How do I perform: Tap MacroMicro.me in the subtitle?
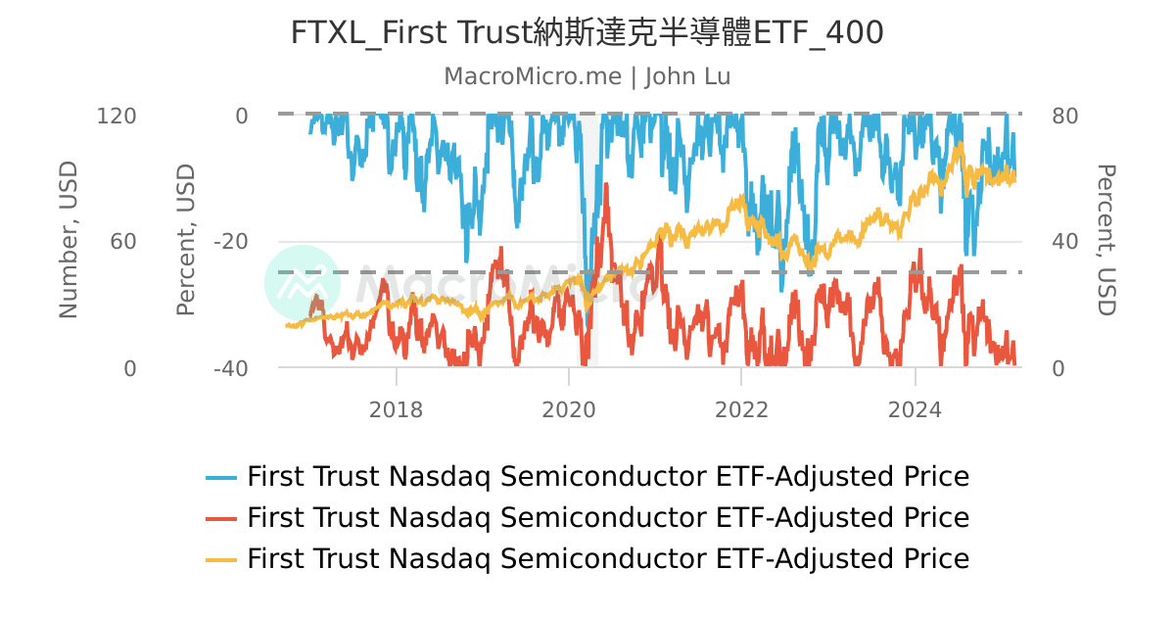coord(533,76)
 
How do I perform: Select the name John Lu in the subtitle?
coord(687,76)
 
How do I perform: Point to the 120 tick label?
coord(117,116)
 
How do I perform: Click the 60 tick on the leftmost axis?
coord(123,242)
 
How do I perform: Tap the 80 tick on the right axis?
coord(1064,116)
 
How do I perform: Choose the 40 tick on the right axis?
coord(1064,242)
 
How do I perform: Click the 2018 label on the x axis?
coord(396,409)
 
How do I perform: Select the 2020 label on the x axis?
coord(568,409)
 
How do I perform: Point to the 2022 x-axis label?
coord(741,409)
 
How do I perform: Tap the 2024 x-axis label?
coord(915,409)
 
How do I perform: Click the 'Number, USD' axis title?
coord(68,240)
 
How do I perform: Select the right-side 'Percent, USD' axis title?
coord(1105,240)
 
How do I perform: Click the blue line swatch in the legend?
coord(221,478)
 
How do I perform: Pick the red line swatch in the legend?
coord(221,518)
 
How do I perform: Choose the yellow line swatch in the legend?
coord(221,559)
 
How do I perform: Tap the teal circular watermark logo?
coord(303,283)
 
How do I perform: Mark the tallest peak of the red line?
coord(607,184)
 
